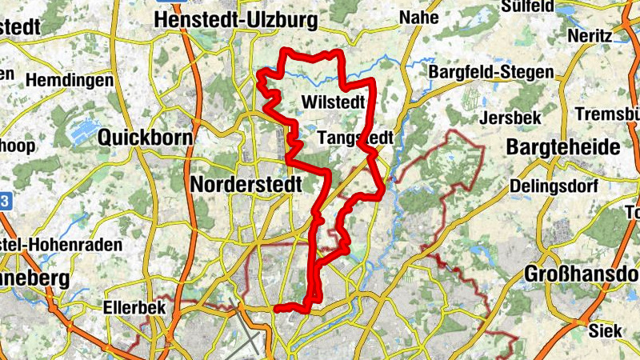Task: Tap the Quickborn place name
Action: click(145, 138)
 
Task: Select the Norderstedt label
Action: click(246, 185)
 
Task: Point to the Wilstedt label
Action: click(334, 102)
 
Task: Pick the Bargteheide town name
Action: click(563, 148)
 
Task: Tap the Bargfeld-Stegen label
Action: click(491, 73)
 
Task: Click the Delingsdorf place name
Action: click(550, 186)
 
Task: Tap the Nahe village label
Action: click(420, 18)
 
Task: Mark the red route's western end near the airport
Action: click(276, 308)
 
